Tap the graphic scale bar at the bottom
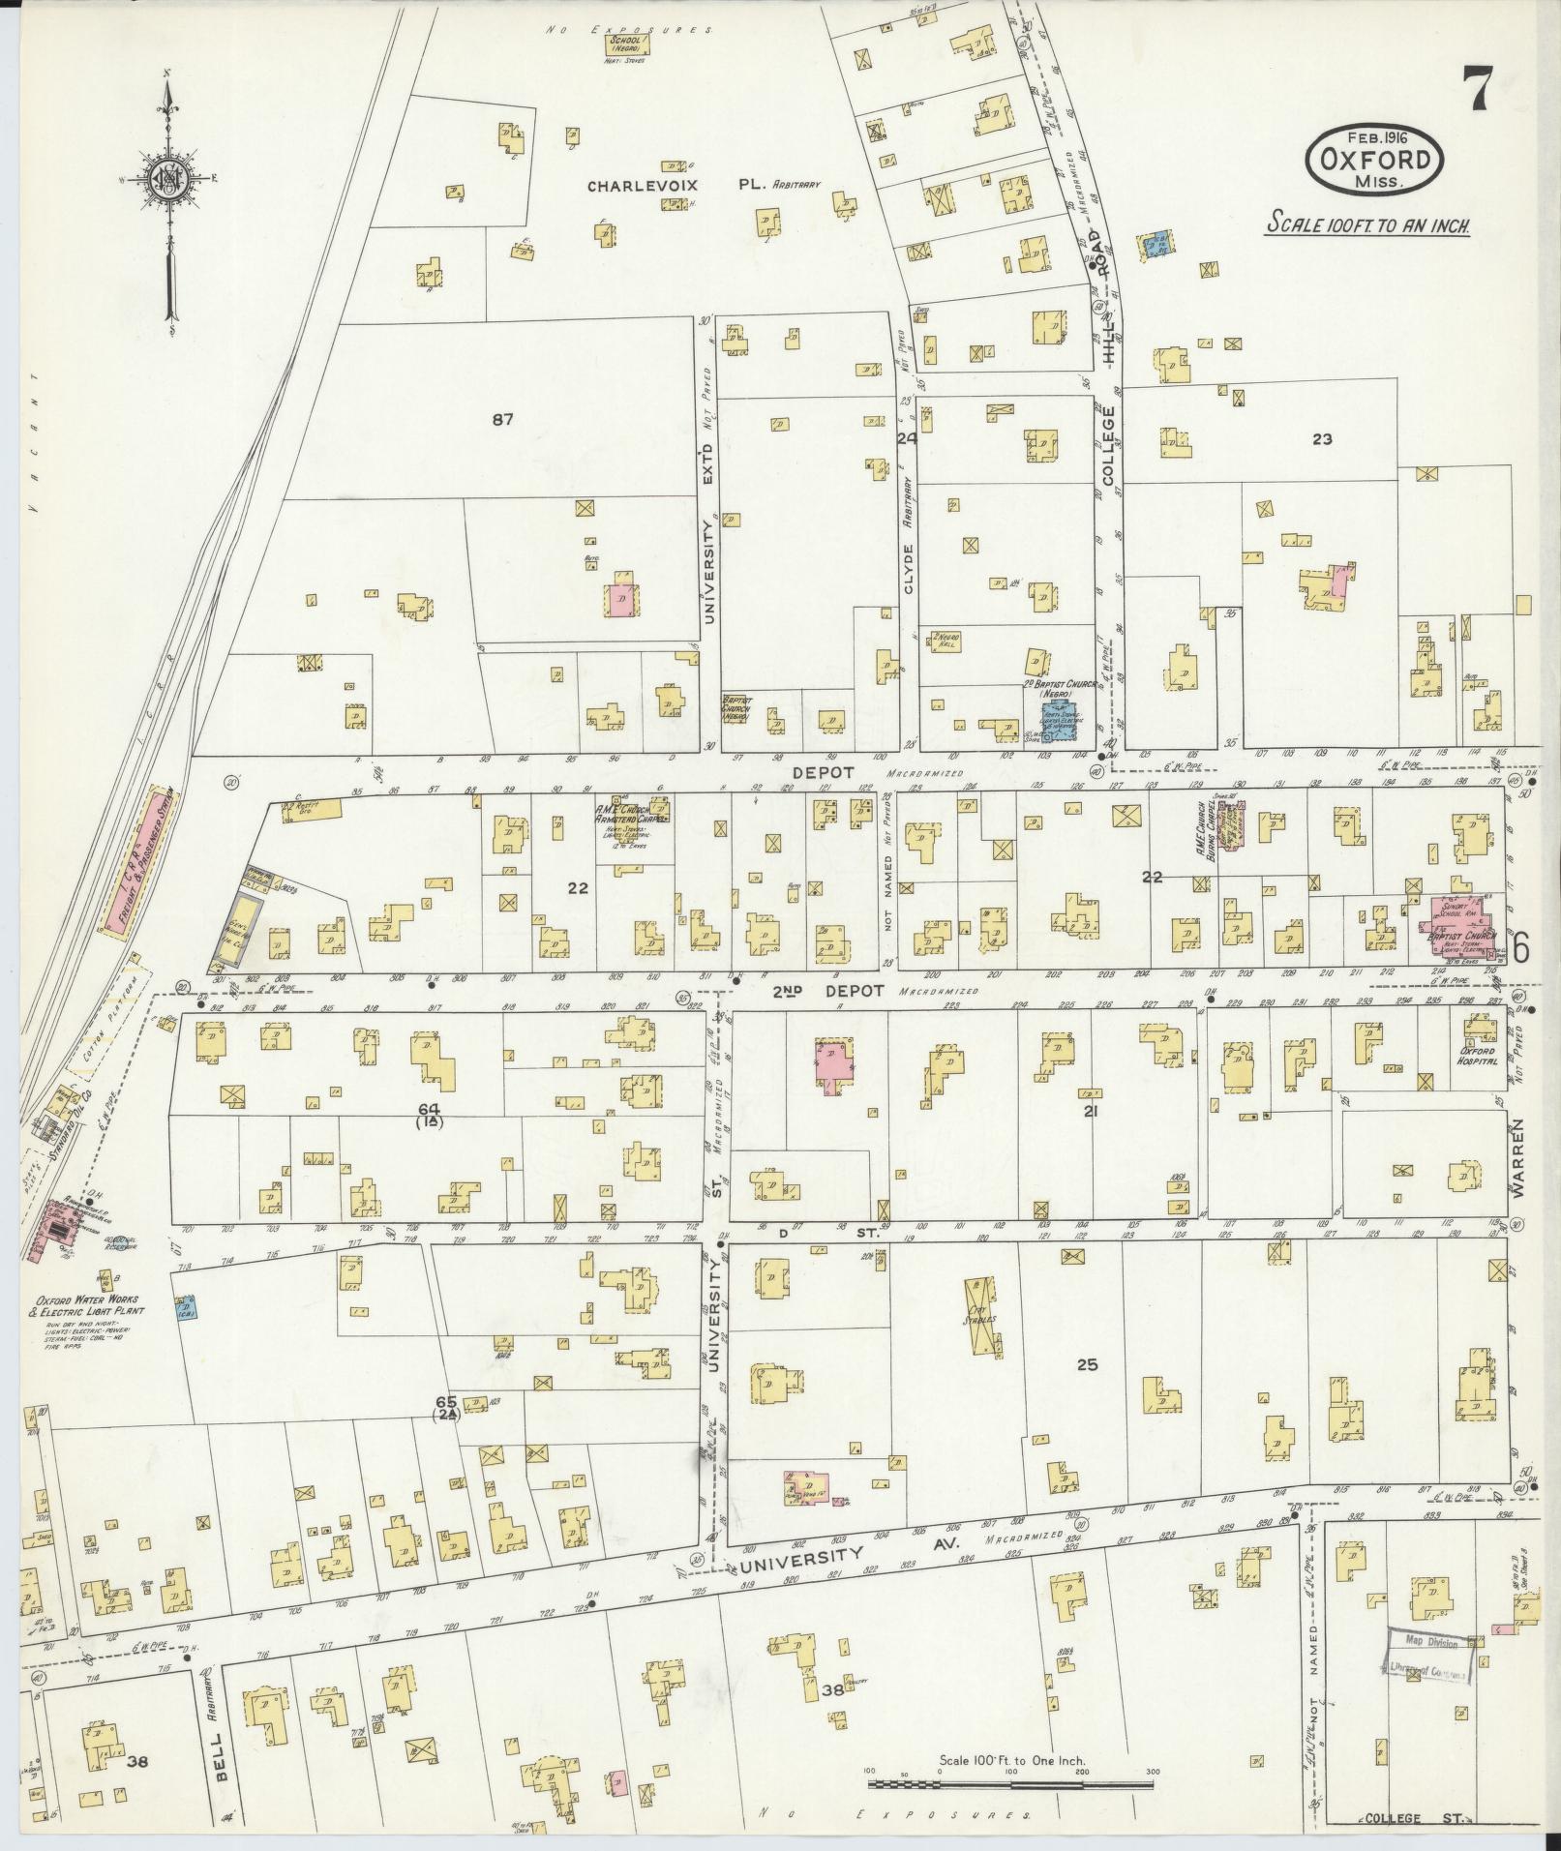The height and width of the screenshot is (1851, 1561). click(1010, 1808)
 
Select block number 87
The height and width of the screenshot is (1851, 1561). click(501, 419)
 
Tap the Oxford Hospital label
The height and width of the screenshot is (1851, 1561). click(1478, 1056)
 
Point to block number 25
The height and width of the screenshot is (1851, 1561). click(1088, 1365)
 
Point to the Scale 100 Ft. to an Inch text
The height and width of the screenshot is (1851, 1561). click(1368, 225)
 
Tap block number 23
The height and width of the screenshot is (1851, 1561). click(1322, 438)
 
